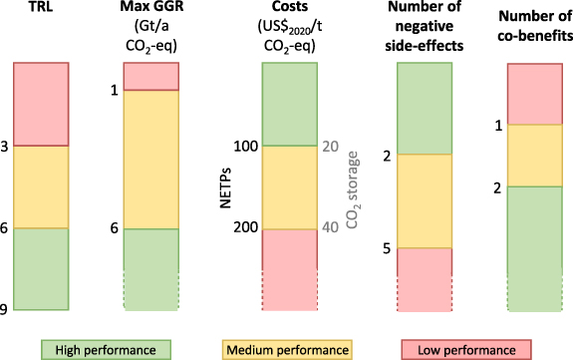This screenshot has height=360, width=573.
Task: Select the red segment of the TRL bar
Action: (40, 104)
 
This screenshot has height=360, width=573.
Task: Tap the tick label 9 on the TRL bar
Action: (5, 310)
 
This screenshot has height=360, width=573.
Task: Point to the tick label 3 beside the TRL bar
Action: (5, 147)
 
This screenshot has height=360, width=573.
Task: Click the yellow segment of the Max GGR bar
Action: (150, 159)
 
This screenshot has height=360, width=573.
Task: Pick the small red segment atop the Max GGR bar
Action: (150, 76)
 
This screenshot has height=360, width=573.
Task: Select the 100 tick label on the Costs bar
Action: (245, 147)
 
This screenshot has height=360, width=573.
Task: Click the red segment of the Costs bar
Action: (288, 265)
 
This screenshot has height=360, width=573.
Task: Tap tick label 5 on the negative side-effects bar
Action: (386, 248)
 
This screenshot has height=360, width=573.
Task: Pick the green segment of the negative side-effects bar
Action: (425, 108)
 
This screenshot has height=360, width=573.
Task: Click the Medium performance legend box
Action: (286, 349)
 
